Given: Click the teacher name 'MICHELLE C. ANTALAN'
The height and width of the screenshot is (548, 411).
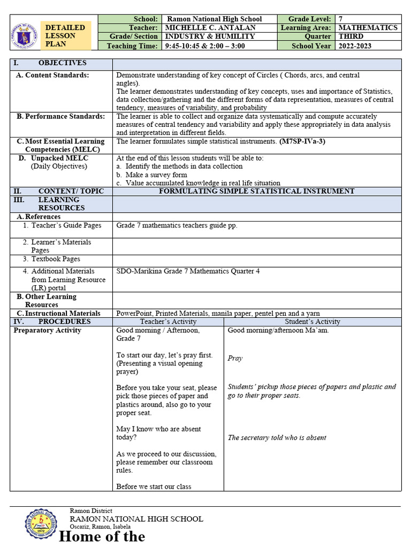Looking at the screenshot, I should point(210,27).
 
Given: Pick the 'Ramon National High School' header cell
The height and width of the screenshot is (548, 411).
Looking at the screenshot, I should point(215,19).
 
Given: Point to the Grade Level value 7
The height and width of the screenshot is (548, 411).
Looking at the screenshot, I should point(341,19).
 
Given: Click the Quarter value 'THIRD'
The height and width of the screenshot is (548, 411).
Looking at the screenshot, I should point(351,36).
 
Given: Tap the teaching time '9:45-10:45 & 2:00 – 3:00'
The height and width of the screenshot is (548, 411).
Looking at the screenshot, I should point(205,45).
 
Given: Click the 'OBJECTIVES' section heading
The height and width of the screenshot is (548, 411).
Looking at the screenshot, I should point(62,63).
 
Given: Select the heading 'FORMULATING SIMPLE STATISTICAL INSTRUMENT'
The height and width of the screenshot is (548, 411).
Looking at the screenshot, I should point(256,191).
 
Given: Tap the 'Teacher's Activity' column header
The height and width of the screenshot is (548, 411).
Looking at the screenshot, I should point(168,322).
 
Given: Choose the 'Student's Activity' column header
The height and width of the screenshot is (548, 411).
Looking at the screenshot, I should point(313,322).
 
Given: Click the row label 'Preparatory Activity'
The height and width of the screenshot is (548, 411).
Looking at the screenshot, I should point(47,330).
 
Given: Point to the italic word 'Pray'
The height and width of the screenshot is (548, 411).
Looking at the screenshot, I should point(235,358).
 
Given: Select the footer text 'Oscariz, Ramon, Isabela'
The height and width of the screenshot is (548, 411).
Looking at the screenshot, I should point(100,527).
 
